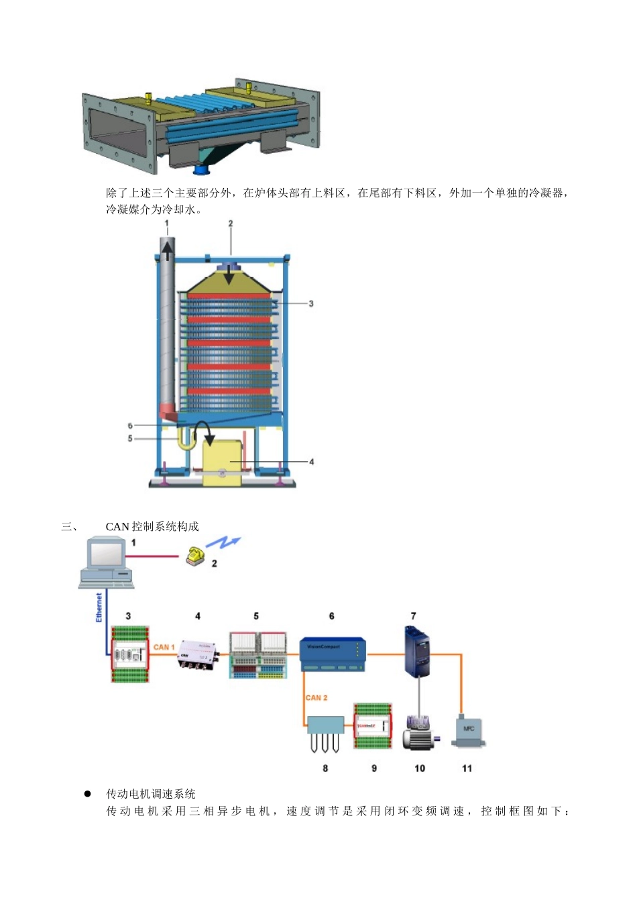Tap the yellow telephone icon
pos(195,556)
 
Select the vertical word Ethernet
pos(99,607)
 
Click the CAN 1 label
pos(164,647)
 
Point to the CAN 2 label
pos(316,697)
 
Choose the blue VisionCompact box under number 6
pos(333,654)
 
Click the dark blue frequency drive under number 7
pos(417,650)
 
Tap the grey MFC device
pos(468,732)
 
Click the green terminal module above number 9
pos(373,727)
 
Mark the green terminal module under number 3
pos(129,654)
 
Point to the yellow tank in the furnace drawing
pos(227,458)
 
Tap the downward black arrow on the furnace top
pos(229,274)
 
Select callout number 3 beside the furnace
pos(311,303)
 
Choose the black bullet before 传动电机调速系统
pos(87,793)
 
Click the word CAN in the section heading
pos(117,526)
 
